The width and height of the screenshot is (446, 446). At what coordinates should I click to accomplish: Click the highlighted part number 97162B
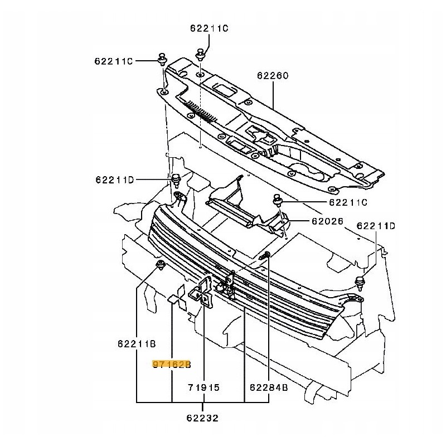tap(172, 365)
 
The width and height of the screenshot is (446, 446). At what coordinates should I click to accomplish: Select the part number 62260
tap(273, 75)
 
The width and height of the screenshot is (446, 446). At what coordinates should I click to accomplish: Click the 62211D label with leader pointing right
tap(114, 180)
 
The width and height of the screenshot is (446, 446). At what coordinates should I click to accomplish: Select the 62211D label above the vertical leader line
tap(376, 226)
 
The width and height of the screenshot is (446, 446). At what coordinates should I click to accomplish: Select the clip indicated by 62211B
tap(161, 264)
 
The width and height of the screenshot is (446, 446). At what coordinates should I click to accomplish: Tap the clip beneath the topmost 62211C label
tap(201, 55)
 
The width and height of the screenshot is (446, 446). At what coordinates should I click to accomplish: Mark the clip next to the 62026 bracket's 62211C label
tap(278, 200)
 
